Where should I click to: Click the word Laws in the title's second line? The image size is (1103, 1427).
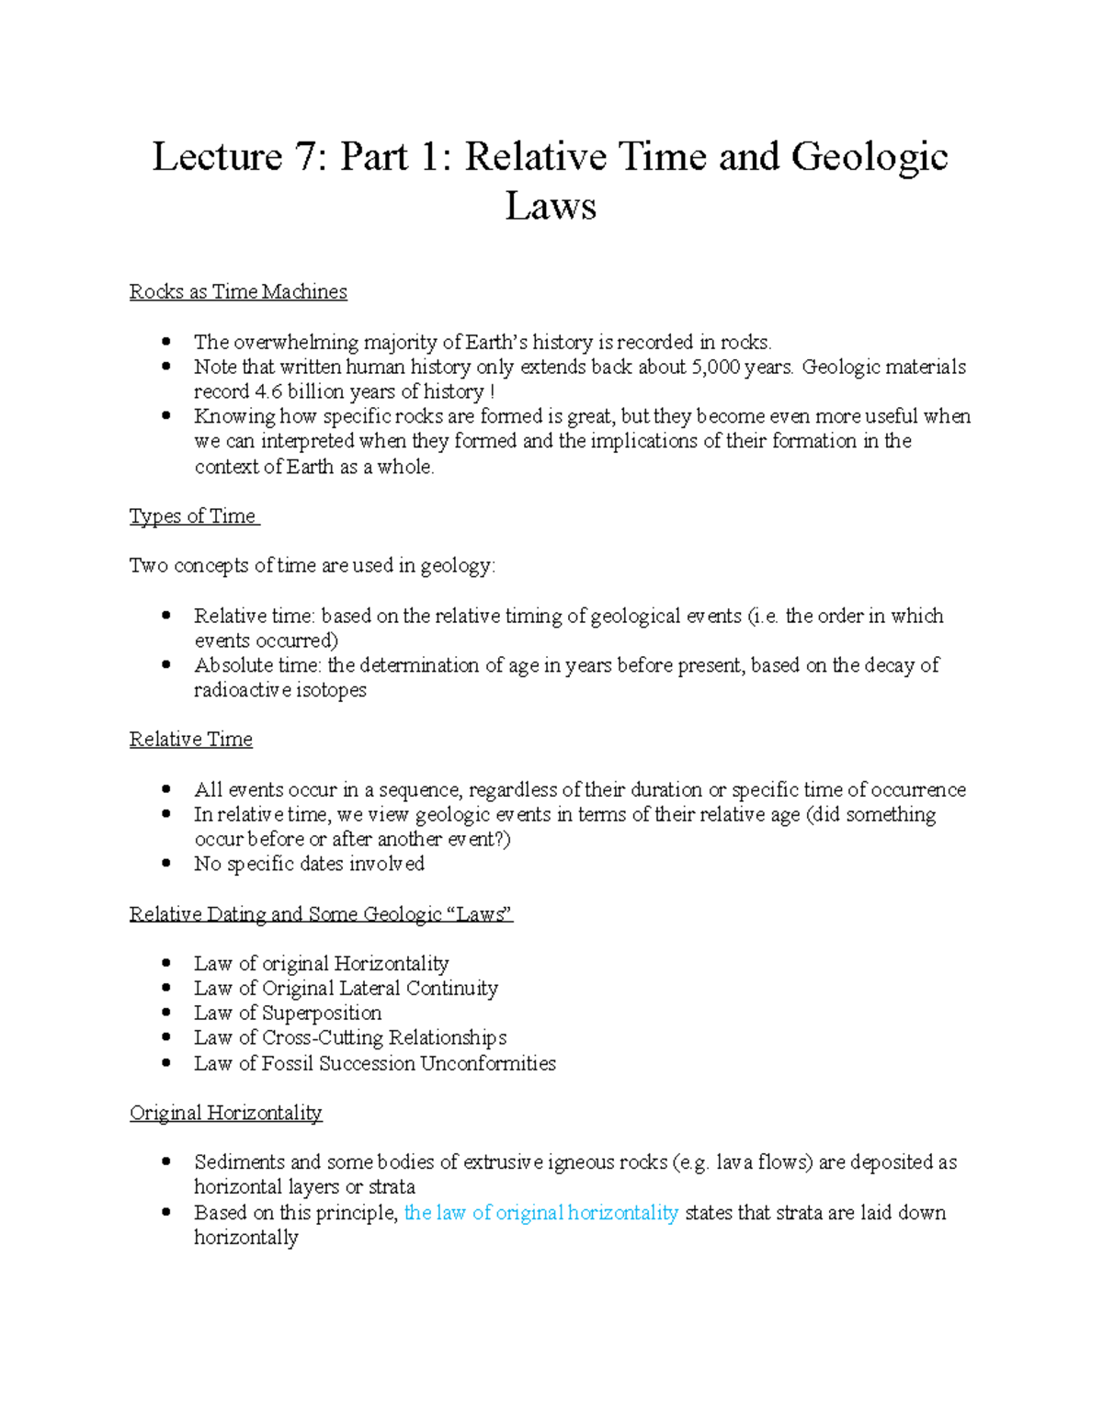551,207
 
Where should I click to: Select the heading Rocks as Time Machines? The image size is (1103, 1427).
238,292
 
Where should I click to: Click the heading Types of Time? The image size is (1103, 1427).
193,516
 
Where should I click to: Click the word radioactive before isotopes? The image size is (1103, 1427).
239,690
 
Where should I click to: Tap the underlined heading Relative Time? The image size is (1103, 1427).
190,740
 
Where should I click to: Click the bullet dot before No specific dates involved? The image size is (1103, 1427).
166,864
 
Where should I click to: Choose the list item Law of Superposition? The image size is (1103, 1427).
287,1014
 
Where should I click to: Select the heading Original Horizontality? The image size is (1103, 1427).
225,1114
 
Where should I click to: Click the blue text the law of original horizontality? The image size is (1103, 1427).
540,1213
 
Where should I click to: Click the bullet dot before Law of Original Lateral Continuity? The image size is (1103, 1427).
166,989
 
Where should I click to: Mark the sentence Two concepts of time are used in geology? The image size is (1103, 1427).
312,566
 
